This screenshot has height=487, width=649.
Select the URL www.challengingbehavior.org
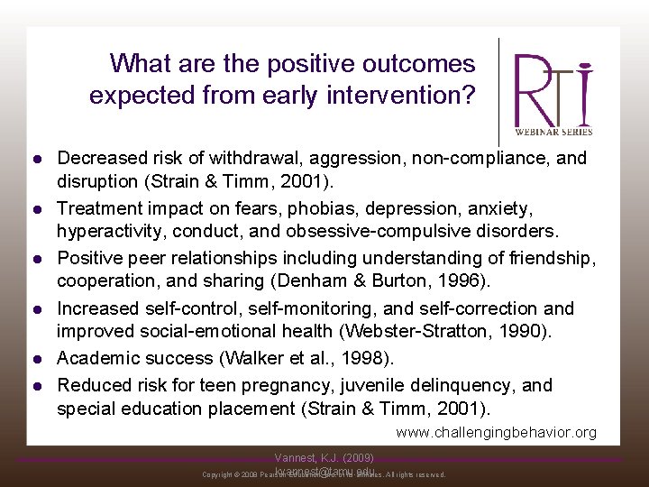coord(496,432)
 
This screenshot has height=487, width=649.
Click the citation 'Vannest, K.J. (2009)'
coord(324,458)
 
